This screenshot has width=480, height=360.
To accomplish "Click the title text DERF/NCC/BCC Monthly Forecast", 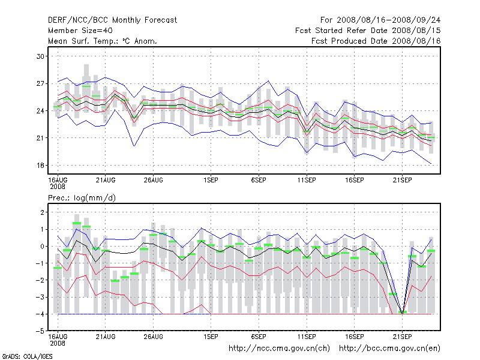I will pos(112,20).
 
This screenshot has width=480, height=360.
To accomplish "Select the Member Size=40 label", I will pos(80,31).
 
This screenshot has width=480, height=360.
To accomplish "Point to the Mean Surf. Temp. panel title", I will pos(103,41).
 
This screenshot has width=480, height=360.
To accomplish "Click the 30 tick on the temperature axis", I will pos(41,56).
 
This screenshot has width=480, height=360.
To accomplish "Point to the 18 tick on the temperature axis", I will pos(41,165).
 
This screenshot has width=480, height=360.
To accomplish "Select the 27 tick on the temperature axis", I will pos(41,83).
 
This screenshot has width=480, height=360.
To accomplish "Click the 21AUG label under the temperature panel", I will pos(106,179).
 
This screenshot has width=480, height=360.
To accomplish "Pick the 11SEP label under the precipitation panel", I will pos(307,336).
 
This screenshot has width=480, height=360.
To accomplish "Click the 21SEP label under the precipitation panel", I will pos(402,336).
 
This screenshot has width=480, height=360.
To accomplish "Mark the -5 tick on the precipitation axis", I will pos(40,331).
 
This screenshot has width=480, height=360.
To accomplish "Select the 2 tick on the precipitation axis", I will pos(43,212).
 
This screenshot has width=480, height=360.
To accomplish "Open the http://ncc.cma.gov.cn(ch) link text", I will pos(280,348).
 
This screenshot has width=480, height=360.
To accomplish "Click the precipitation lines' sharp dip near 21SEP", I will pos(402,312).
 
